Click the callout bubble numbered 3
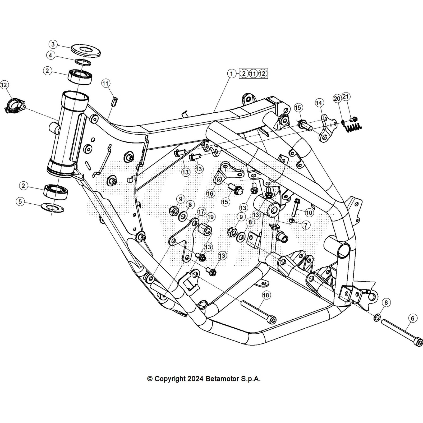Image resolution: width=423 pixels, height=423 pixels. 53,44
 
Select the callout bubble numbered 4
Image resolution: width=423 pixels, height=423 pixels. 50,56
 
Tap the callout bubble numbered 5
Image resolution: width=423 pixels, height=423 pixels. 20,202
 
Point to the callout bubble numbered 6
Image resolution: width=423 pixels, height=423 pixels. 413,319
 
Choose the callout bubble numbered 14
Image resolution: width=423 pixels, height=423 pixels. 319,103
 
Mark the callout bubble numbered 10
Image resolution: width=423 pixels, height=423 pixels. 309,212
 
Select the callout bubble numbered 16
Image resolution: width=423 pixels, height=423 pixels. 210,194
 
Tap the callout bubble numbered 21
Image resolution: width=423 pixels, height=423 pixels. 346,97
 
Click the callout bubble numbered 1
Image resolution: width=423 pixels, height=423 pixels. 232,73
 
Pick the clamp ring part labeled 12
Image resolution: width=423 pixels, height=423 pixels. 13,105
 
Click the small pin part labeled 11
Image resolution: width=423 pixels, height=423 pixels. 115,101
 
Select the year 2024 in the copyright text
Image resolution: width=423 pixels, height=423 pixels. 196,379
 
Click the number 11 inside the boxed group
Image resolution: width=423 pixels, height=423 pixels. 253,73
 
